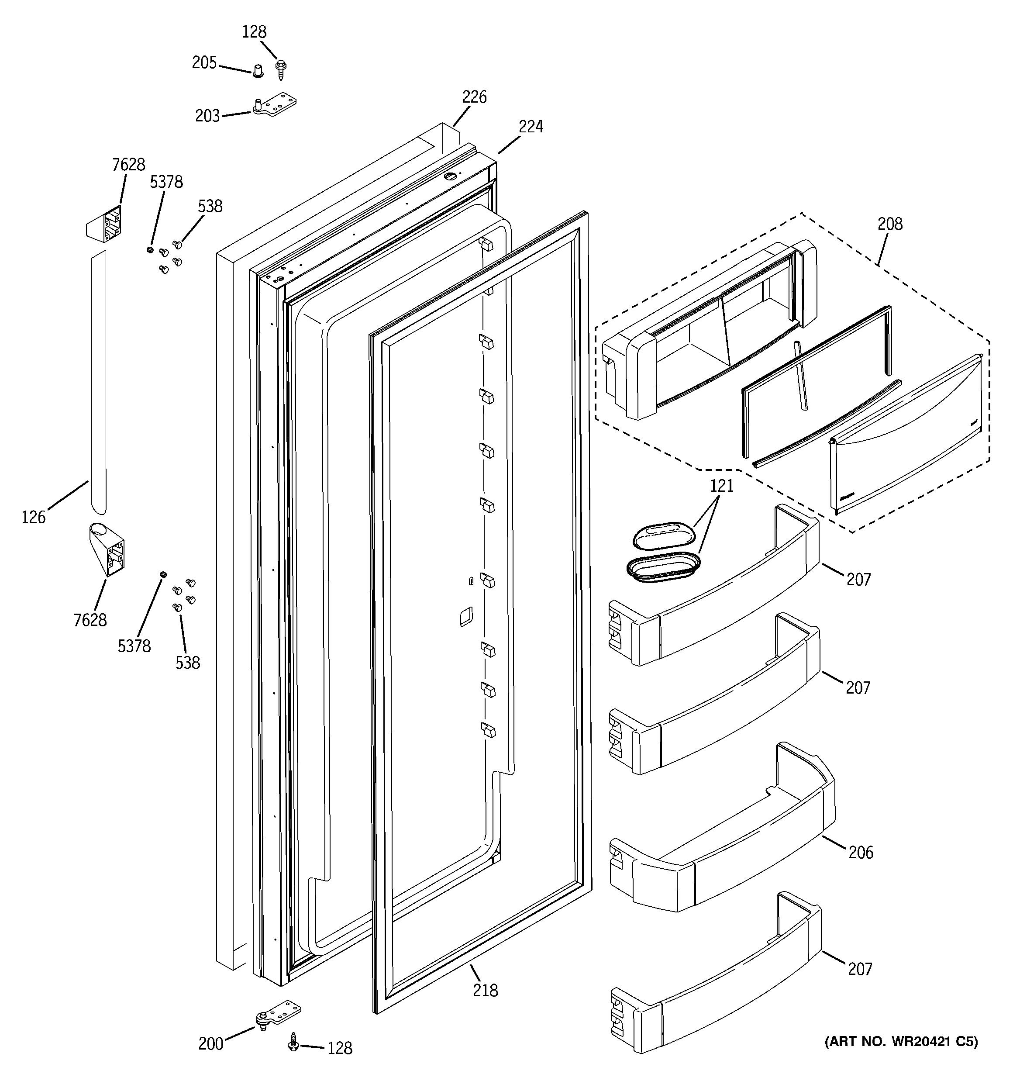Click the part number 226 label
click(474, 97)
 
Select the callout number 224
click(530, 127)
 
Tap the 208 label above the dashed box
click(889, 224)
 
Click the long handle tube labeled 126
click(98, 380)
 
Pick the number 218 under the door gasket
click(485, 990)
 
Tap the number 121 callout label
click(722, 486)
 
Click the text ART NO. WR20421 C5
click(901, 1057)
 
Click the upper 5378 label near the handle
click(166, 182)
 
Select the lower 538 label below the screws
click(188, 662)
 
